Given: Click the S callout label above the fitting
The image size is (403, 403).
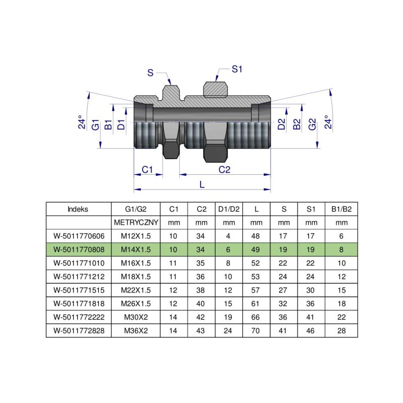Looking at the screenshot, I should pos(150,73).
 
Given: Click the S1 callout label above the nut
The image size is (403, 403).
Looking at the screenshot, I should pos(237,69).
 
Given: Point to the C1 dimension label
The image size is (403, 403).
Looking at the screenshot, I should pos(147,170).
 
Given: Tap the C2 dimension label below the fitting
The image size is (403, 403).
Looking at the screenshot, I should pos(225,170).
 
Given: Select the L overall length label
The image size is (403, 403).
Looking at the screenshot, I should pos(202,184).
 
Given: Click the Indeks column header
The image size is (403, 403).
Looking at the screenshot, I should pos(78,209).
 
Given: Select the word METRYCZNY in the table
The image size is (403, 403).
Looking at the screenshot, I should pos(136,222).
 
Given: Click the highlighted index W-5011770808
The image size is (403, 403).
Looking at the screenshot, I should pos(78,248).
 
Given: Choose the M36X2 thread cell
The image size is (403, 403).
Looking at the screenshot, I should pos(136,331).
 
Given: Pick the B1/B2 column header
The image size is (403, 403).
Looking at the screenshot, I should pos(341,209).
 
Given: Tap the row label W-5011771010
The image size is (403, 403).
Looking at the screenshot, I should pos(78,262).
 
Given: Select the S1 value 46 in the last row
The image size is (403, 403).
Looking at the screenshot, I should pos(311,331).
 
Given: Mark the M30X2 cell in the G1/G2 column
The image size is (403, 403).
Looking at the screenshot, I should pos(136,317).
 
